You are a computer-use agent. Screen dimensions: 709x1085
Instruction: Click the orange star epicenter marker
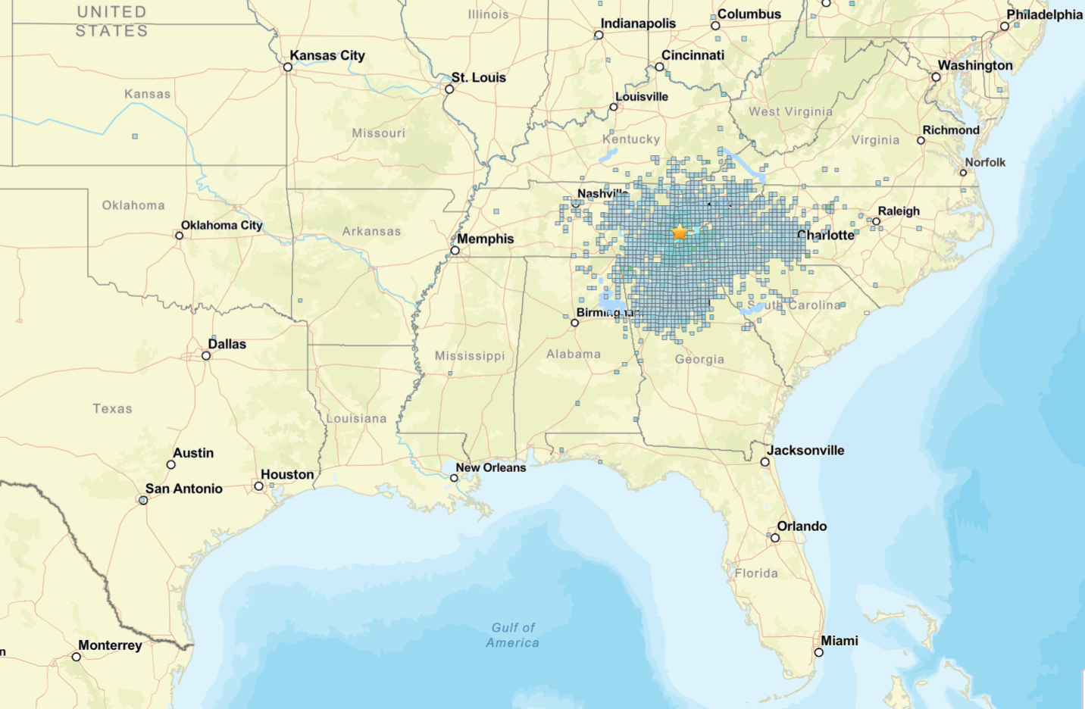click(680, 233)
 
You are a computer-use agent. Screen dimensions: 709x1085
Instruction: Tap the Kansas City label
click(327, 55)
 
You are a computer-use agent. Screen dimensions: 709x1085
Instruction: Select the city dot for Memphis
click(455, 250)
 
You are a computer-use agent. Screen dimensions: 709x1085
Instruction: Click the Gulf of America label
click(513, 635)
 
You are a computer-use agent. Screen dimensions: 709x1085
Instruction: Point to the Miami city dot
click(818, 652)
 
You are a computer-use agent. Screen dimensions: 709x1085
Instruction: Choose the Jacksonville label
click(805, 450)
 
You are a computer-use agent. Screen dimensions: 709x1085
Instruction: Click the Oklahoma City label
click(221, 225)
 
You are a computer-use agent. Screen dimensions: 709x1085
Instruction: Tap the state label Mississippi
click(469, 355)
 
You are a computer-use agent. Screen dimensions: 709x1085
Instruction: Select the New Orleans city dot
click(454, 478)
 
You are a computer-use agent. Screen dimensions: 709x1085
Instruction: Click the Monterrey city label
click(110, 645)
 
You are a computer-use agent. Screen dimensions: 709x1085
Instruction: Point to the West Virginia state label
click(790, 111)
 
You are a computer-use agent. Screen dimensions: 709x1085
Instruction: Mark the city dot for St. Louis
click(449, 89)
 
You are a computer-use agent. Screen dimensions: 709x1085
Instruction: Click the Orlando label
click(802, 526)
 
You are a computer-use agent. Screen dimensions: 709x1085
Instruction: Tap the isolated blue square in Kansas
click(135, 136)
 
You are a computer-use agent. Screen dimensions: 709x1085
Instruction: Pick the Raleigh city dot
click(876, 222)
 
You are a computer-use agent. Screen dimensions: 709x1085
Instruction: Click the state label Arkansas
click(371, 231)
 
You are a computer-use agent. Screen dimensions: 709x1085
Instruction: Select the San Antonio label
click(184, 489)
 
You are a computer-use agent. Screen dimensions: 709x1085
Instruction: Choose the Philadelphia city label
click(1044, 14)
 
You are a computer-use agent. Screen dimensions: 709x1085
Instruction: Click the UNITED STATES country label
click(111, 21)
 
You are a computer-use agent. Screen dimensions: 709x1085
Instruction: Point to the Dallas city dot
click(206, 355)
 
